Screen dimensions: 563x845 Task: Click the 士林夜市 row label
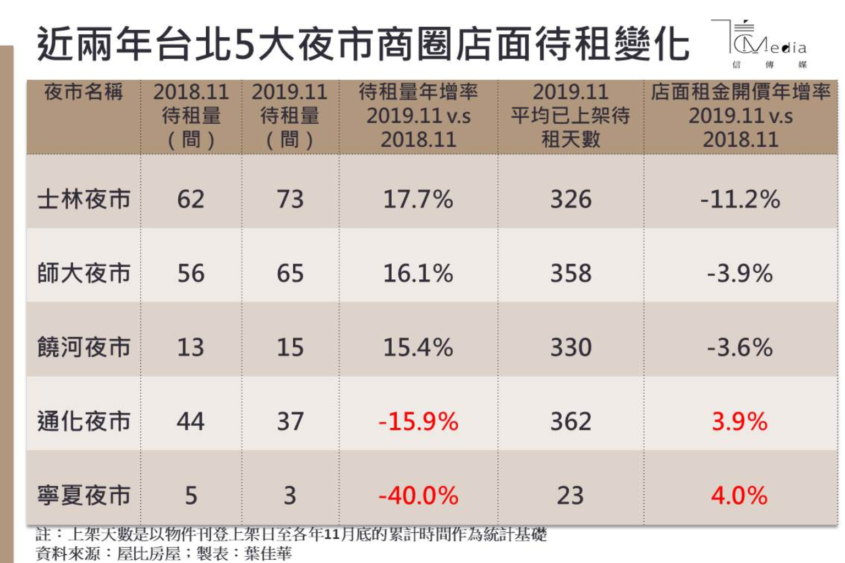(84, 199)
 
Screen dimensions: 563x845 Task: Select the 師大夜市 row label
(84, 273)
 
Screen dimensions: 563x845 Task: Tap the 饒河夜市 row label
(84, 347)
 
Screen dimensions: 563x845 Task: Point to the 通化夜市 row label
(84, 422)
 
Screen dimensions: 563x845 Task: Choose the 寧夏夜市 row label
(84, 495)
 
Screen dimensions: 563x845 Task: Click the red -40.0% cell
(418, 495)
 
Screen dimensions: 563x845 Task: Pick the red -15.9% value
(418, 422)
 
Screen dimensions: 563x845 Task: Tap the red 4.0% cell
(739, 495)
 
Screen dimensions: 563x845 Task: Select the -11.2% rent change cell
(740, 199)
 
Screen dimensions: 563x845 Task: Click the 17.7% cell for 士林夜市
(418, 199)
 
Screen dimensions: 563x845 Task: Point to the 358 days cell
(571, 273)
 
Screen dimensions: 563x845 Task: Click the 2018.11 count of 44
(190, 422)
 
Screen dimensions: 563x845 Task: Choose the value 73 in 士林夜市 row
(290, 199)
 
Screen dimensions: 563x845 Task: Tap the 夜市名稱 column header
(84, 92)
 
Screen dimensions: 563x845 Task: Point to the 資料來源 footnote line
(163, 553)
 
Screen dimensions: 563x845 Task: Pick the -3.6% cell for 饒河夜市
(740, 347)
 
